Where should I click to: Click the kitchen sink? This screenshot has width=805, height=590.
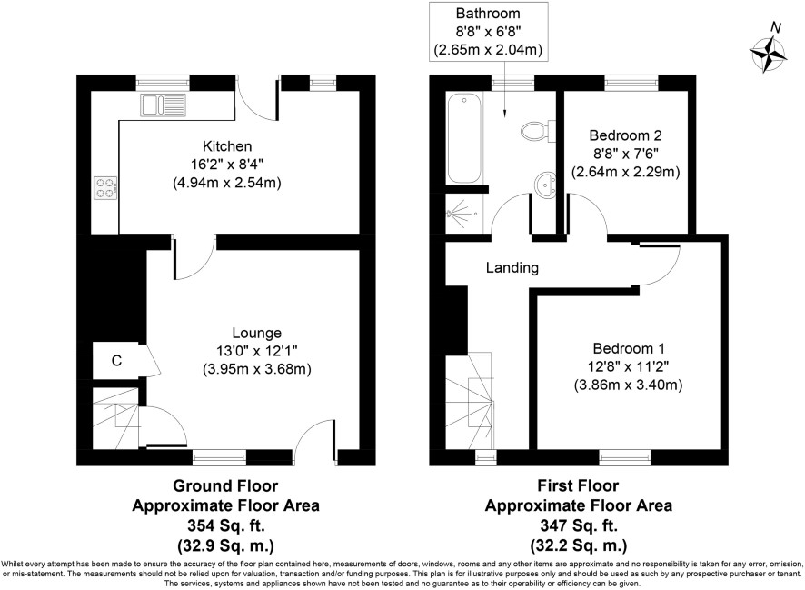(x=163, y=105)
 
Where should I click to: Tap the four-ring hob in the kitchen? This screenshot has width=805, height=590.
(x=105, y=187)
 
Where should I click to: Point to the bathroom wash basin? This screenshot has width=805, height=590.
(x=545, y=184)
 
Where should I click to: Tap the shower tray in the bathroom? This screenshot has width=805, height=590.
(x=464, y=213)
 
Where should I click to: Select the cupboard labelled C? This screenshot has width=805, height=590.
(x=116, y=361)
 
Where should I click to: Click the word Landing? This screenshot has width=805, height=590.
(x=512, y=267)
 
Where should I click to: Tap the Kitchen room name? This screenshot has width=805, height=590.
(x=227, y=146)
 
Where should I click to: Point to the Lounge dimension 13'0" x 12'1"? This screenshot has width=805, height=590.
(x=257, y=351)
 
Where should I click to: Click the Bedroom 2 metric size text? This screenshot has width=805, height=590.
(x=625, y=171)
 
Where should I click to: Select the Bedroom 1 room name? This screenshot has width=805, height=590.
(x=629, y=349)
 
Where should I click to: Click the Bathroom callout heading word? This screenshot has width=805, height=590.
(x=488, y=14)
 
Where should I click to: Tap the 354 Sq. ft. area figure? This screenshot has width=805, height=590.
(x=226, y=525)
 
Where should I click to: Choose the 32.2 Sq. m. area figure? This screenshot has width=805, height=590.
(x=579, y=545)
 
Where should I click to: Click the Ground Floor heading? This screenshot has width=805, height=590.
(x=225, y=485)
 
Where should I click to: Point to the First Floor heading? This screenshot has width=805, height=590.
(x=578, y=485)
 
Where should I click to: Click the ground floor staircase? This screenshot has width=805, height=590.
(x=115, y=418)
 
